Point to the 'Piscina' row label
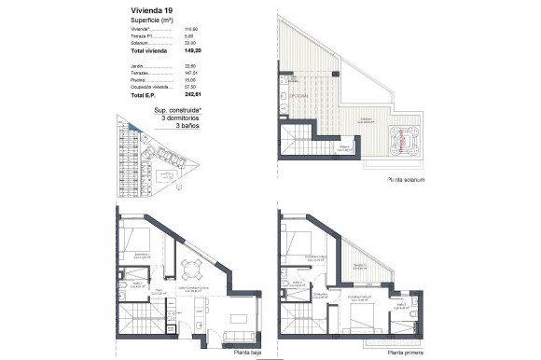(139, 80)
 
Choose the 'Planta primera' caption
(404, 353)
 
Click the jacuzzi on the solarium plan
(408, 140)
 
